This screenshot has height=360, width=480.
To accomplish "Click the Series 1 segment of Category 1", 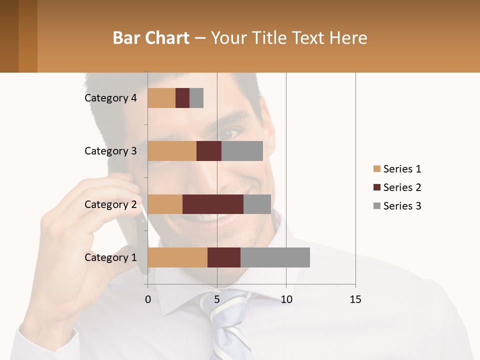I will coord(177,257).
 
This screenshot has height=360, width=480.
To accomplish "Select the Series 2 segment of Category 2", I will coord(213,204).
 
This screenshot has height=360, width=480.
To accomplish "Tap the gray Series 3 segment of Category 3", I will coord(242,151).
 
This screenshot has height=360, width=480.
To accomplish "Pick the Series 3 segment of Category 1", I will coord(275,257).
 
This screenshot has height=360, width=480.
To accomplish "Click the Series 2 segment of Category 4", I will coord(182,98).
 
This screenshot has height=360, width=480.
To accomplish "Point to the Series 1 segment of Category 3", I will coord(172,151).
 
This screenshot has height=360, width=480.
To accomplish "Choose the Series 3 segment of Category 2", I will coord(257,204).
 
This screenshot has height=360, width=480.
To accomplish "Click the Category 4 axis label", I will coord(110,98).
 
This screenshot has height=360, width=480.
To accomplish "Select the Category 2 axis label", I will coord(110,204).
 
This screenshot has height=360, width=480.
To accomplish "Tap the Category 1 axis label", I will coord(110,257).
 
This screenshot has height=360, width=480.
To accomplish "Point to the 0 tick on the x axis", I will coord(148,299).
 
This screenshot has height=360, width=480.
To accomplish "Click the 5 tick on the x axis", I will coord(217,299).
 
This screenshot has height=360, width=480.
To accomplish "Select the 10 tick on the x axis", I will coord(286,299).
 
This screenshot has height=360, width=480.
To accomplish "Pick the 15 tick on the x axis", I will coord(355,299).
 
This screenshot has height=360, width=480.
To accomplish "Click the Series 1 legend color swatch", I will coord(377,169).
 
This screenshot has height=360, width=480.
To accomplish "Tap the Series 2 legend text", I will coord(402,187).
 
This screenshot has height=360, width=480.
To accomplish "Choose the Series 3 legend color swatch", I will coord(377,206).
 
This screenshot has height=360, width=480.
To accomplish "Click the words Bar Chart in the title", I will coord(151,38).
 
